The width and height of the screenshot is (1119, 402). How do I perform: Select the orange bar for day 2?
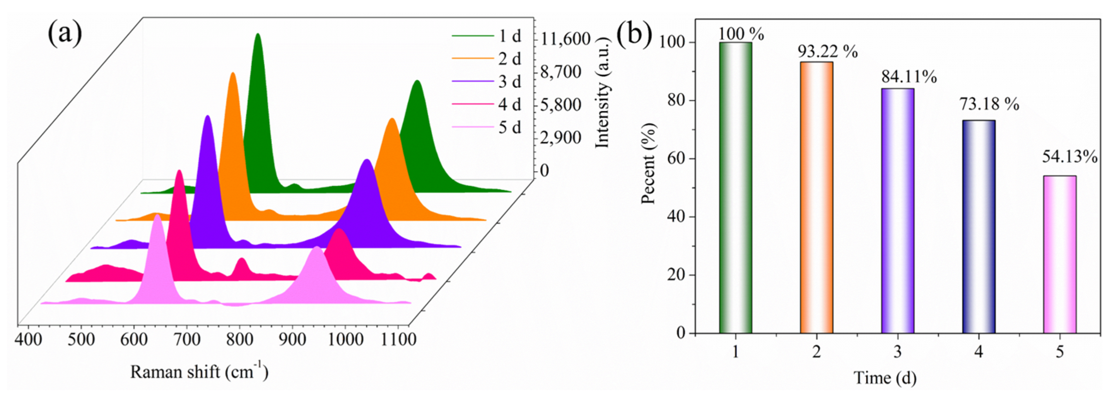tap(816, 198)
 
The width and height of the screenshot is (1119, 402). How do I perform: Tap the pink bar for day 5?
tap(1059, 254)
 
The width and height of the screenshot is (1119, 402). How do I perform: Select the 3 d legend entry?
tap(509, 82)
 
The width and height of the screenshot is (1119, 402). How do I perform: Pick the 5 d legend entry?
tap(509, 128)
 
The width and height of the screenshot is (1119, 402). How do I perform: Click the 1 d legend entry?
tap(509, 36)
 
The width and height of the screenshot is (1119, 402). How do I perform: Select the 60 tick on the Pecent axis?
tap(675, 159)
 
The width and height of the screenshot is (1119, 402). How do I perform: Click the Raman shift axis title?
tap(199, 371)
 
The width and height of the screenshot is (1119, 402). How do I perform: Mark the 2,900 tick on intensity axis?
tap(560, 138)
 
